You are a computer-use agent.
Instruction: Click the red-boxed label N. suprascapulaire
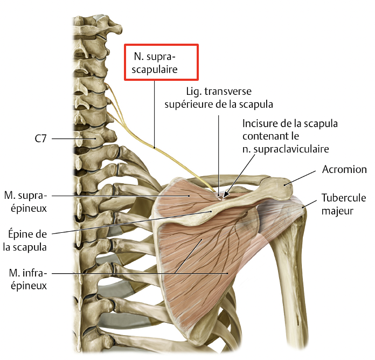[x=162, y=62]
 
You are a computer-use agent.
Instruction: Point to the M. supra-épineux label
[x=25, y=201]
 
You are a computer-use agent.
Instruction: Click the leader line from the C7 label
[x=68, y=139]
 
